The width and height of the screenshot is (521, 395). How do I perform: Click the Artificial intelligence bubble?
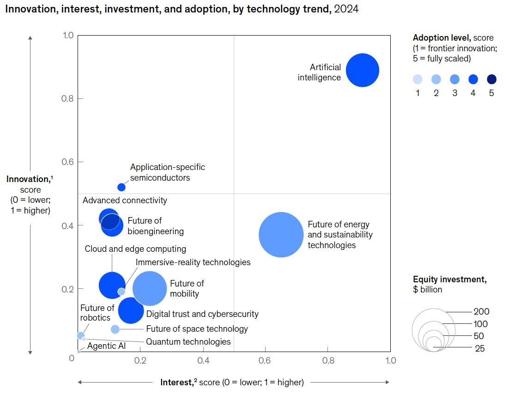tap(363, 70)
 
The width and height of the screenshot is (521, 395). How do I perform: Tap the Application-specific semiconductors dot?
tap(121, 187)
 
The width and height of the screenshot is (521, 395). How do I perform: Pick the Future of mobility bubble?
tap(150, 288)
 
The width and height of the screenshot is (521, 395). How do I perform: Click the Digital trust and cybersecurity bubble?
tap(131, 310)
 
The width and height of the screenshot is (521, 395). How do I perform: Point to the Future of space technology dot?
tap(115, 329)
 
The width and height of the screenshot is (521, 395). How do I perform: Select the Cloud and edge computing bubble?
tap(111, 285)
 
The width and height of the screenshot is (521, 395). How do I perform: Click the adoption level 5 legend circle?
tap(491, 79)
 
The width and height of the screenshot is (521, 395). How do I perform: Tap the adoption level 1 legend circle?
tap(418, 79)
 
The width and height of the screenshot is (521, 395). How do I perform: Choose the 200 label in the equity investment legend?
tap(481, 312)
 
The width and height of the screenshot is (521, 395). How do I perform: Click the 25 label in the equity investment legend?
tap(480, 349)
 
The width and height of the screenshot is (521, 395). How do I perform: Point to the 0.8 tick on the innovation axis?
tap(67, 98)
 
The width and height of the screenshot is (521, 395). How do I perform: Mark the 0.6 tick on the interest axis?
tap(265, 360)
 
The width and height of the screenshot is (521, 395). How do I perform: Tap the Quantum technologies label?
tap(188, 342)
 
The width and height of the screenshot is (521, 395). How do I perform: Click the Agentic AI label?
tap(106, 346)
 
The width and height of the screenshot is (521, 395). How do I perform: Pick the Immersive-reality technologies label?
tap(193, 262)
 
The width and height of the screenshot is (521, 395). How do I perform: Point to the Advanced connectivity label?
tap(125, 201)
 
